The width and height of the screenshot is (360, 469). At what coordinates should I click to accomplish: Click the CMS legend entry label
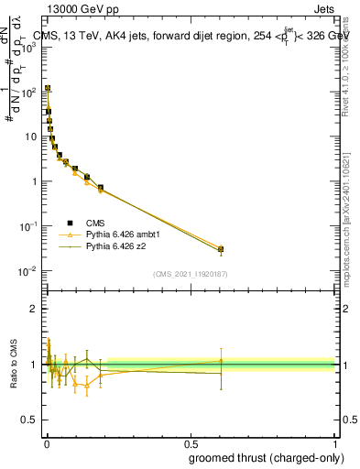(x=95, y=222)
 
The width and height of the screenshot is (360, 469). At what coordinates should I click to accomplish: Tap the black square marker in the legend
(x=71, y=222)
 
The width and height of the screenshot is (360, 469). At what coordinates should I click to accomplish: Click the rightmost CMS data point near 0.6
(x=220, y=249)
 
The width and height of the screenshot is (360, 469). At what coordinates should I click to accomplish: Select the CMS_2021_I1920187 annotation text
(x=190, y=274)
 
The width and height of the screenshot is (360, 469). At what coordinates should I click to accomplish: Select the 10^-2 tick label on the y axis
(x=28, y=271)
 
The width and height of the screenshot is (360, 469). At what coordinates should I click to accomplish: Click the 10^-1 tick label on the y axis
(x=28, y=226)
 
